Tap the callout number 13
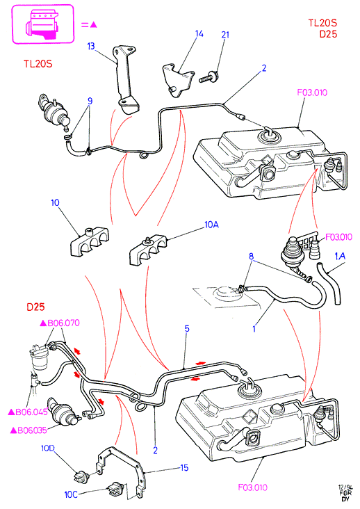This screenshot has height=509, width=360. [x=91, y=46]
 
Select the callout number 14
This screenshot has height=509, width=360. [x=199, y=33]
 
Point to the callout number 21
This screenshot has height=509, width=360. [x=225, y=35]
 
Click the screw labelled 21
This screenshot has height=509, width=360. [x=208, y=77]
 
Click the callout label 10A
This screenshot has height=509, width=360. [x=211, y=225]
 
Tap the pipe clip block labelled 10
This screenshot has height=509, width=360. [x=89, y=242]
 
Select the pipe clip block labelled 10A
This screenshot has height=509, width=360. [x=148, y=250]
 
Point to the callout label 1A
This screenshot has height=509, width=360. [x=340, y=257]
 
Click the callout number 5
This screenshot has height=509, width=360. [x=187, y=328]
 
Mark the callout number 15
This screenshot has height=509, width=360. [x=184, y=467]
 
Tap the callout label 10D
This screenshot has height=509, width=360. [x=48, y=448]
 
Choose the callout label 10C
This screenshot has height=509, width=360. [x=71, y=494]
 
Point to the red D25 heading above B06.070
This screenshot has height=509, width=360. [x=35, y=307]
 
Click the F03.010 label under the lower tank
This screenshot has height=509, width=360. [x=253, y=487]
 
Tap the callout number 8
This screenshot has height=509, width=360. [x=252, y=256]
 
